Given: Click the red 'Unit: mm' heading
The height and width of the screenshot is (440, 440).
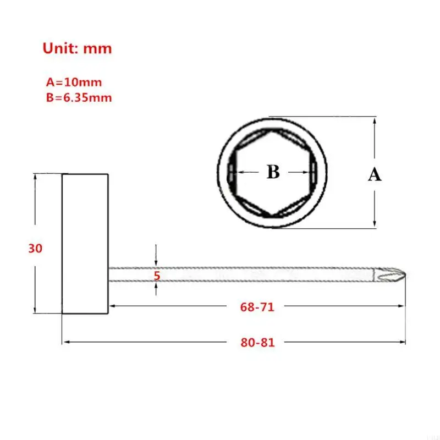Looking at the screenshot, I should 77,48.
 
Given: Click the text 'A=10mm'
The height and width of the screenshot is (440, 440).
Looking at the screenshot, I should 73,82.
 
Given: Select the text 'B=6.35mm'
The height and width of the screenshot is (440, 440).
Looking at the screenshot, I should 79,98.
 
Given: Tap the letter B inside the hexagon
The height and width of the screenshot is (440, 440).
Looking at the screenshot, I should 273,172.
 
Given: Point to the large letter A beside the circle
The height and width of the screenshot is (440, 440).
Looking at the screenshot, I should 374,175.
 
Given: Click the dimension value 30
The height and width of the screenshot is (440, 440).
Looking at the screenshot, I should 35,249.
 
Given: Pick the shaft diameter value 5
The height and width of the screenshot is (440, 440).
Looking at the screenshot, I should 157,276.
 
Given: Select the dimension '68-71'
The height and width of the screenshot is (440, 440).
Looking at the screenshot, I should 257,307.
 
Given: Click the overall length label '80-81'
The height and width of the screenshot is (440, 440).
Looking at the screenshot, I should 257,342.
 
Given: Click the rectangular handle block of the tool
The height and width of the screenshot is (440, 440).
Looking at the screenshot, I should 85,244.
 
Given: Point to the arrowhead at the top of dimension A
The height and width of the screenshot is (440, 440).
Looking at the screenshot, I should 375,120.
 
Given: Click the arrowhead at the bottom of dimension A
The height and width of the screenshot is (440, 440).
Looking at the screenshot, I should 375,223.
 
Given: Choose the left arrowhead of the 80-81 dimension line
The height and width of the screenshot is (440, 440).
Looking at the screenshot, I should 66,342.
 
